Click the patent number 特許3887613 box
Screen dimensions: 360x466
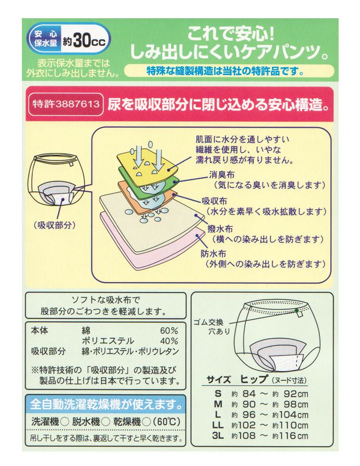pos(66,104)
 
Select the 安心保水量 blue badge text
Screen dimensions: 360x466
pos(45,39)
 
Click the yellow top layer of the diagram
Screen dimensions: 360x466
pos(147,165)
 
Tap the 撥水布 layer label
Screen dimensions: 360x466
pos(220,228)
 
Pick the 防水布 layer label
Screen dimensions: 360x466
pos(213,253)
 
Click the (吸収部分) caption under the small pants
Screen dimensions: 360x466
pos(54,225)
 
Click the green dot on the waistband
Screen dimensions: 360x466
pos(296,311)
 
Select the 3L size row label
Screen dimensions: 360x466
pos(218,436)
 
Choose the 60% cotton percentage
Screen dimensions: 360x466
pos(169,331)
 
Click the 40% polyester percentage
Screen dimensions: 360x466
pos(169,341)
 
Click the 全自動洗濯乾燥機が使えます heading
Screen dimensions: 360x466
pos(106,404)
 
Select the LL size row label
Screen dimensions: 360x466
pos(218,425)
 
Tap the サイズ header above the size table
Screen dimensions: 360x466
pos(219,379)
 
